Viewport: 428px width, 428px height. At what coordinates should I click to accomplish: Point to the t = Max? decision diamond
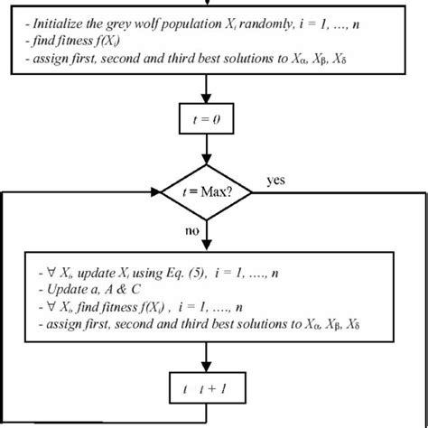pos(209,192)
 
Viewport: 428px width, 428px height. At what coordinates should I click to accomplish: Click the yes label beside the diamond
pos(276,181)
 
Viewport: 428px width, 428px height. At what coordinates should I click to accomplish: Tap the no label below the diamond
pos(191,230)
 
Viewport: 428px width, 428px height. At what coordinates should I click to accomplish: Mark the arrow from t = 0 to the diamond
pos(209,154)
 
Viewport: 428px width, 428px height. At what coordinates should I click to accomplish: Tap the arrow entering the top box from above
pos(209,5)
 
